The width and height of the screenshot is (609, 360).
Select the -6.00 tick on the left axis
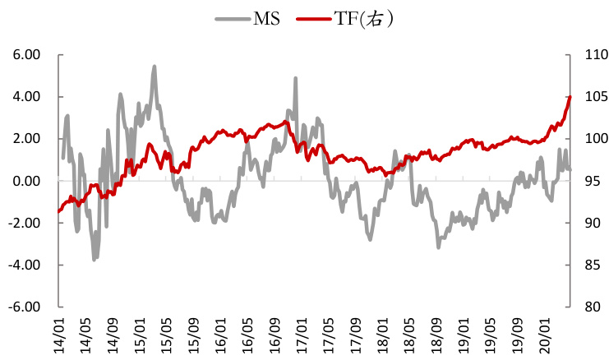click(x=25, y=307)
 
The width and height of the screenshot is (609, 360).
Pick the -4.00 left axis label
click(x=25, y=265)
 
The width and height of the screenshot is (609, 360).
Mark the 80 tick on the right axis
click(x=585, y=307)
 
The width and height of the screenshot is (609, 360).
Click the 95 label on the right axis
click(x=585, y=181)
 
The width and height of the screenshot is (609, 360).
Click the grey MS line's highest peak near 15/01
click(x=154, y=67)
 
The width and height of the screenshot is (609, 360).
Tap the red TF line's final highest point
click(x=570, y=97)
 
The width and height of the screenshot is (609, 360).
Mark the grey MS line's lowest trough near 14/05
click(x=95, y=259)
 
